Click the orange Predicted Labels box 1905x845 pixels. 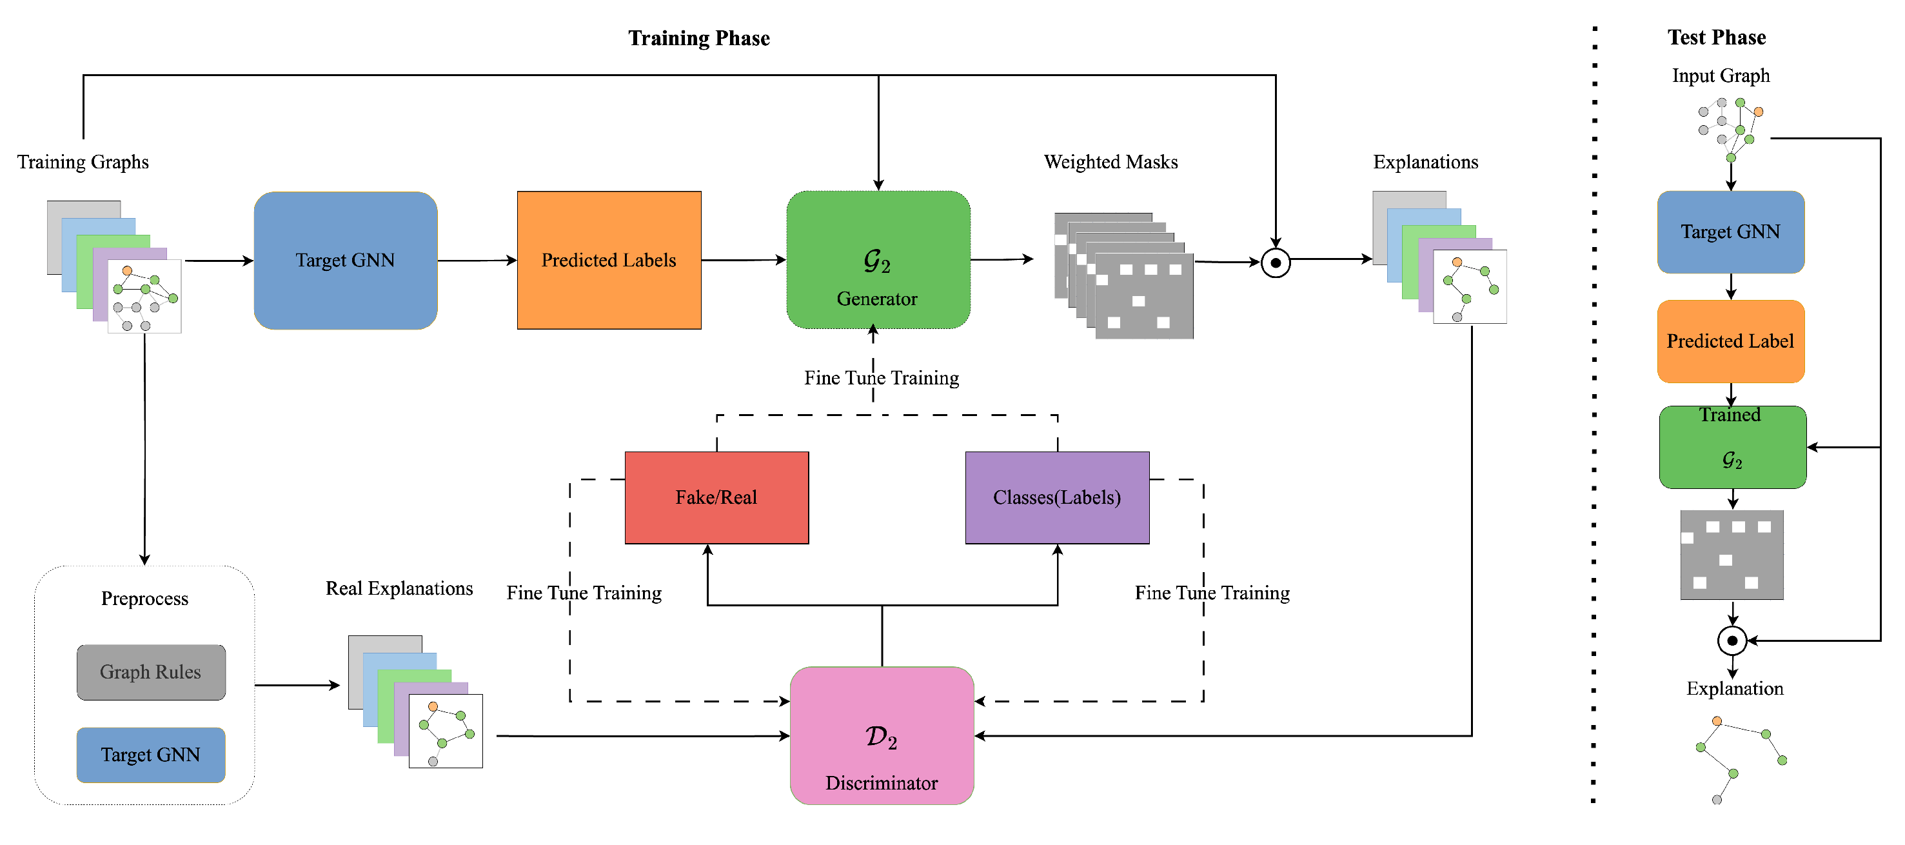click(x=609, y=261)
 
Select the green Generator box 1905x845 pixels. click(x=878, y=261)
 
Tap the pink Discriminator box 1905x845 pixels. click(x=882, y=735)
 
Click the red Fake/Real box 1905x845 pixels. click(x=716, y=497)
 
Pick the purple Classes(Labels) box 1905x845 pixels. click(x=1057, y=497)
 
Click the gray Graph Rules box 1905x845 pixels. click(x=151, y=672)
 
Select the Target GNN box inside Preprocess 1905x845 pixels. click(x=151, y=755)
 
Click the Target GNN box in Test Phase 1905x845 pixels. click(x=1730, y=232)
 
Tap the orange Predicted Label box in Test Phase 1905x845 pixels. click(x=1730, y=341)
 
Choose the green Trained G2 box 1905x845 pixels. click(x=1732, y=447)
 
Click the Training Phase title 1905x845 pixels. click(x=699, y=38)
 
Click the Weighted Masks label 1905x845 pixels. click(x=1110, y=162)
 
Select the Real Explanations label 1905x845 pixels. click(x=399, y=588)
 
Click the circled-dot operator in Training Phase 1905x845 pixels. click(x=1276, y=263)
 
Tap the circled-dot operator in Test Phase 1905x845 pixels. click(x=1732, y=641)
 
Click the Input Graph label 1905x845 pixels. click(x=1721, y=75)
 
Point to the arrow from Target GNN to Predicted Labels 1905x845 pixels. click(x=477, y=261)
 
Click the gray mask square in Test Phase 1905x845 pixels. click(x=1732, y=555)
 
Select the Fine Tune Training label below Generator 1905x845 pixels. click(x=882, y=378)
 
